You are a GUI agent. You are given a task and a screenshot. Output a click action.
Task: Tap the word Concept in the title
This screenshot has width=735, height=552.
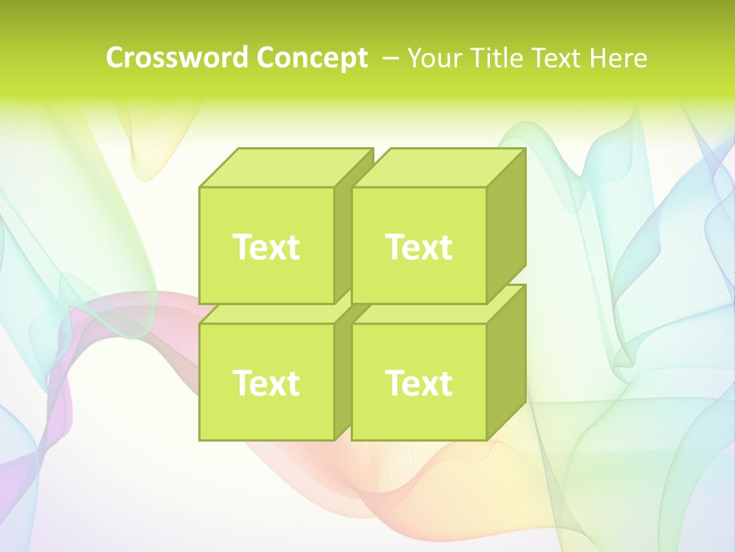(x=312, y=58)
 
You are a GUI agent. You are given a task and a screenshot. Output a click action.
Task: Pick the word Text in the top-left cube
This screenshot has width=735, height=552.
(x=266, y=247)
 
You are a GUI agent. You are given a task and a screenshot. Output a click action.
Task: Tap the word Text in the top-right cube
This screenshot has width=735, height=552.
(x=419, y=247)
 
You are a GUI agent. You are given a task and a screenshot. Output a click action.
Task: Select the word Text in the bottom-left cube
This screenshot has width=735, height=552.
(x=266, y=383)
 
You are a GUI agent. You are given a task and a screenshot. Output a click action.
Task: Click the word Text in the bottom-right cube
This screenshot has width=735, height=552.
(x=419, y=383)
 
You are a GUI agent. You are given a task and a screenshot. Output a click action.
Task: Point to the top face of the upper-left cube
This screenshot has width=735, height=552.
(x=285, y=168)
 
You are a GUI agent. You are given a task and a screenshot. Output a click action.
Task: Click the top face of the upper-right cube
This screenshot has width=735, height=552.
(x=438, y=168)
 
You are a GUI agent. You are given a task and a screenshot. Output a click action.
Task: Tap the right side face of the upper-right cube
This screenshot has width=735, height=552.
(x=506, y=226)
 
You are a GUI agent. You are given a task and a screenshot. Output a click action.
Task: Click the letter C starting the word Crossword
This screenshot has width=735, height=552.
(x=115, y=58)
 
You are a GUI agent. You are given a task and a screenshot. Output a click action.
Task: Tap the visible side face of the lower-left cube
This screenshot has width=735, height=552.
(x=342, y=383)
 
